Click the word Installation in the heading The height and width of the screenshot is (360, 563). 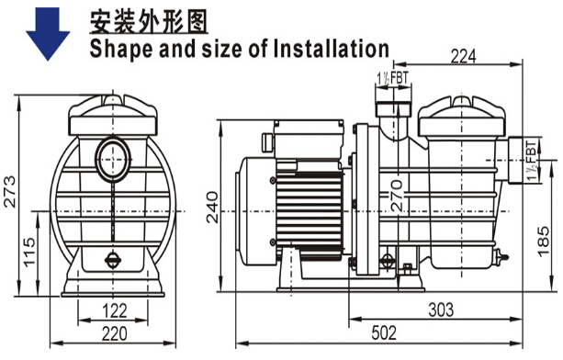click(331, 49)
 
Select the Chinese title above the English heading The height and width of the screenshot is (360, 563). click(148, 22)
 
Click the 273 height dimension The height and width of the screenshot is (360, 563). click(10, 192)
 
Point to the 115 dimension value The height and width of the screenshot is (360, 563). click(29, 252)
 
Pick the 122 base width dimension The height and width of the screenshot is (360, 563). click(115, 310)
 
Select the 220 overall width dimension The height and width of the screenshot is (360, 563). click(115, 333)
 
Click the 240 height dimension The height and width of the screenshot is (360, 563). click(212, 208)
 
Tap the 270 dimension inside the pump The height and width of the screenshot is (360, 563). click(397, 196)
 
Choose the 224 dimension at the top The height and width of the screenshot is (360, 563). click(463, 56)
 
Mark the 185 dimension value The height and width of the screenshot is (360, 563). click(544, 242)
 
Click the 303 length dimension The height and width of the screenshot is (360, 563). click(441, 309)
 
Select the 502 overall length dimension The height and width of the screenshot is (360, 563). click(384, 332)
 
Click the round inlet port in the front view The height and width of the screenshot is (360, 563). click(113, 160)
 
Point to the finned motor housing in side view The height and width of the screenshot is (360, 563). click(309, 215)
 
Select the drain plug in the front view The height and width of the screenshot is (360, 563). click(113, 260)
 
